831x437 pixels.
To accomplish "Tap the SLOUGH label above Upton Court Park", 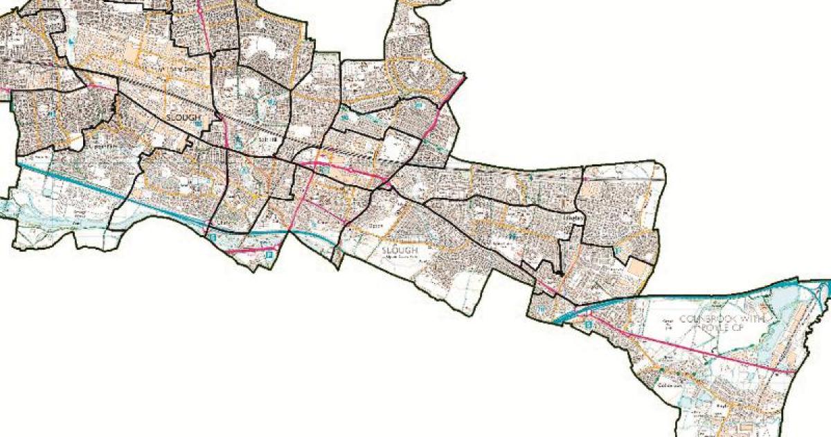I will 400,249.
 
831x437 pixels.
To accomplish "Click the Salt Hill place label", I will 266,139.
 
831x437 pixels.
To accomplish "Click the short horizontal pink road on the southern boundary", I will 253,249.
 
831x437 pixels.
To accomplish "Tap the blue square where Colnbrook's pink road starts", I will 589,323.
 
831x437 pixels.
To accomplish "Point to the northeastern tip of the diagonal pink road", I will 462,78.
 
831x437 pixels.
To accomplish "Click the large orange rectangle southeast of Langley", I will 640,269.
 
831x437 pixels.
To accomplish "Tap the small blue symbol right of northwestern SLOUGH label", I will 199,124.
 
